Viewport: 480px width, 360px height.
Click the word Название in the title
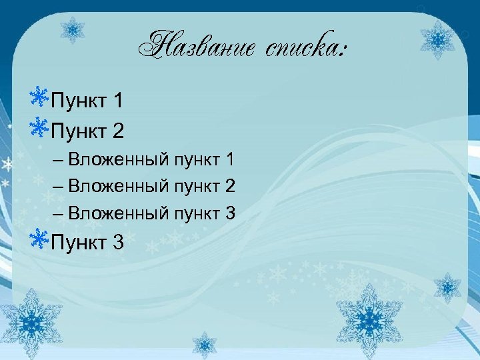pyautogui.click(x=195, y=46)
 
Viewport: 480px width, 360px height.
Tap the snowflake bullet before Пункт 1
pyautogui.click(x=39, y=98)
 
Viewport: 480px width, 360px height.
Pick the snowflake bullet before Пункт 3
pyautogui.click(x=39, y=239)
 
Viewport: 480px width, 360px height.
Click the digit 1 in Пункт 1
pyautogui.click(x=118, y=101)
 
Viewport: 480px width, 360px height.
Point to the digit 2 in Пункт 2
pyautogui.click(x=118, y=131)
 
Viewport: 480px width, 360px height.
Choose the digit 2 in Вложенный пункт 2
pyautogui.click(x=230, y=186)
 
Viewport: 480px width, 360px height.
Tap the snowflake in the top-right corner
pyautogui.click(x=438, y=39)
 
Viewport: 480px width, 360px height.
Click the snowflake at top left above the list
pyautogui.click(x=71, y=29)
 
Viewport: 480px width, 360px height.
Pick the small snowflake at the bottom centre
pyautogui.click(x=205, y=345)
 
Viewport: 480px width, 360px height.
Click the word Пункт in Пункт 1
pyautogui.click(x=78, y=101)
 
